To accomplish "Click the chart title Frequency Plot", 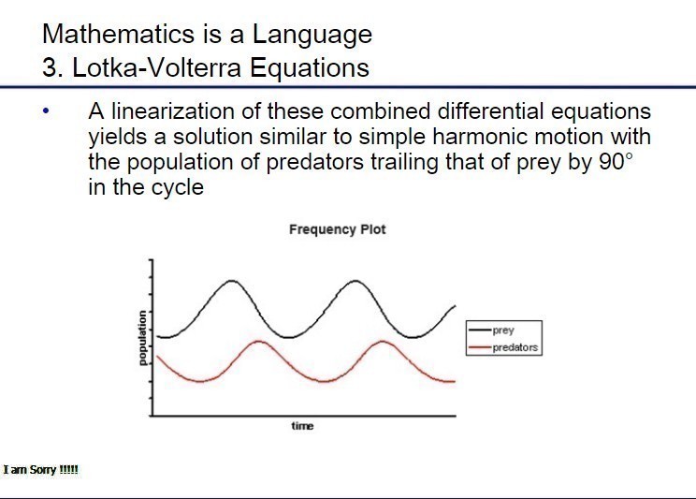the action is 338,229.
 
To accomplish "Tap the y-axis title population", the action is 141,338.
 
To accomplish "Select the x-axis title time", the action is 302,426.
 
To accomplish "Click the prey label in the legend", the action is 503,330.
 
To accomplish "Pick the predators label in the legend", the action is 515,347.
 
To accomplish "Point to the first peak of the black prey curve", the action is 231,281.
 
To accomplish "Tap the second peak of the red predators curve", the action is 383,342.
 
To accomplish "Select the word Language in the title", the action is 312,35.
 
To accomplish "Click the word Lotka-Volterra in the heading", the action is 156,68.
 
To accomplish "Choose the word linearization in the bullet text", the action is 172,111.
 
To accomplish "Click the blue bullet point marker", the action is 45,111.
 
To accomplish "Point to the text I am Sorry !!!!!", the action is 40,470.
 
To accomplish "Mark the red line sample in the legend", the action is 480,347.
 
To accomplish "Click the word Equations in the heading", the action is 310,69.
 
